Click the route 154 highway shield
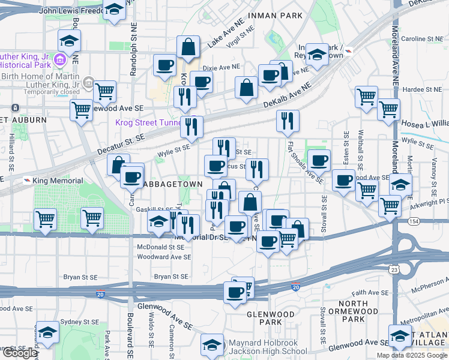click(x=399, y=221)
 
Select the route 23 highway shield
click(x=394, y=270)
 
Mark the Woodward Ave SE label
click(x=164, y=257)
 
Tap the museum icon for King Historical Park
click(x=59, y=60)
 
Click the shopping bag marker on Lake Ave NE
click(x=188, y=47)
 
